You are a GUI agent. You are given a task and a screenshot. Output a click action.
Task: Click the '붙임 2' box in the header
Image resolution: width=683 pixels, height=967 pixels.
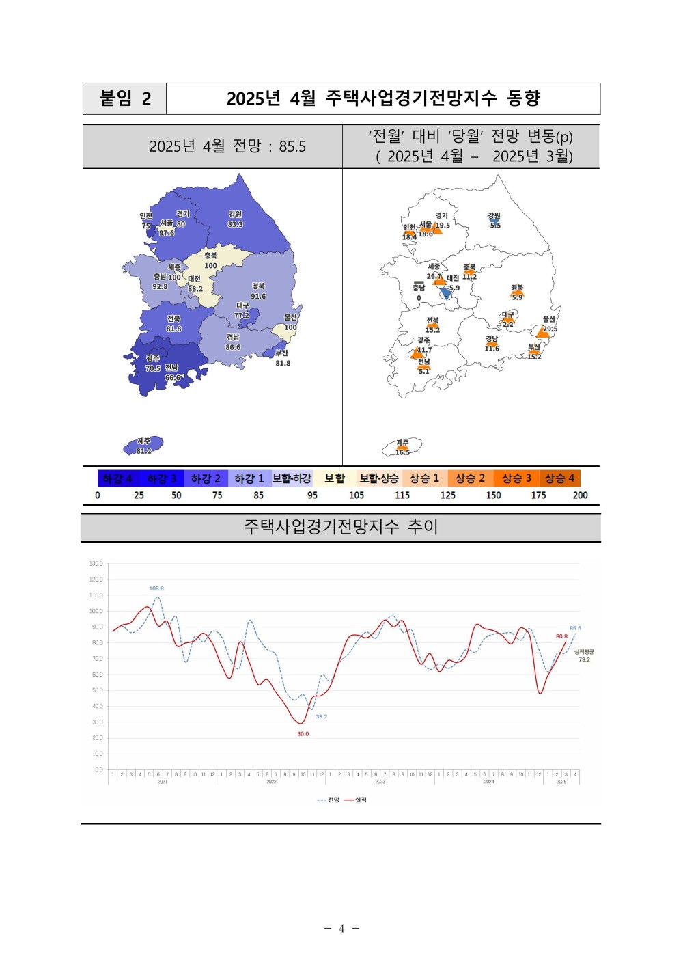tap(125, 98)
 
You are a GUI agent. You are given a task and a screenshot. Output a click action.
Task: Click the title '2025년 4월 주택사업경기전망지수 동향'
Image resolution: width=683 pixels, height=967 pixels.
tap(383, 98)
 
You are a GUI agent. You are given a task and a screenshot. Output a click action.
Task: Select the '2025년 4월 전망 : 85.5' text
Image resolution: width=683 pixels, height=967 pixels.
tap(227, 146)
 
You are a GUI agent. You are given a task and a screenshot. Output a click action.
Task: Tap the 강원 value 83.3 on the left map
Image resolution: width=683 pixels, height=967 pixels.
tap(235, 225)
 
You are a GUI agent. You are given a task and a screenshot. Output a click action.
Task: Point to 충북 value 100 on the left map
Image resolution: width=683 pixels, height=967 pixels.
tap(210, 266)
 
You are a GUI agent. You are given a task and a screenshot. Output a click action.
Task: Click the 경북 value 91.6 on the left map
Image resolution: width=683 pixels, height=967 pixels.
tap(258, 297)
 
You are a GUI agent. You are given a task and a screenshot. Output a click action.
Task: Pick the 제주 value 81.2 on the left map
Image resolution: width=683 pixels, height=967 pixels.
tap(143, 451)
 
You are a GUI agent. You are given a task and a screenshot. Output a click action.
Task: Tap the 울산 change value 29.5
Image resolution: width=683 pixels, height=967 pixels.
tap(550, 329)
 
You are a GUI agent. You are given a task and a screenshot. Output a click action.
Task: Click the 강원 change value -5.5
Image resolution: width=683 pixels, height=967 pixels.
tap(494, 226)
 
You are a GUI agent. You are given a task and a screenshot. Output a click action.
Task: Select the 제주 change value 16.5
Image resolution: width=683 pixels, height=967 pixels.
tap(403, 452)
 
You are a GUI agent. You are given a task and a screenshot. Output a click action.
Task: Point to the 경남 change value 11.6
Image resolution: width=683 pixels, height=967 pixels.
tap(492, 349)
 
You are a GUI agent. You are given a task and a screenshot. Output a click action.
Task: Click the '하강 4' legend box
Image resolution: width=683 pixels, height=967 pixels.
tap(117, 478)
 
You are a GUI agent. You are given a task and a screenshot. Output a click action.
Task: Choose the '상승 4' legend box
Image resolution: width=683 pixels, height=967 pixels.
tap(559, 478)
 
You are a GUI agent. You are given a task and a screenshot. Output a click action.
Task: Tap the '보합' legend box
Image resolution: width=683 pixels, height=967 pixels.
tap(335, 478)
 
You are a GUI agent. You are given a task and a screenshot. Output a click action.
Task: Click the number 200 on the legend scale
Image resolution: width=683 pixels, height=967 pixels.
tap(580, 495)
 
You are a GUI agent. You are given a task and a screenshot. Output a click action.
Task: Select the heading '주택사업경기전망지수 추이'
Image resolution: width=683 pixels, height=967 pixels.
tap(341, 527)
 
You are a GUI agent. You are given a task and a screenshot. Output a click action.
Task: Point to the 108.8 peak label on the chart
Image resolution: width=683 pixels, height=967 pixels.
tap(156, 588)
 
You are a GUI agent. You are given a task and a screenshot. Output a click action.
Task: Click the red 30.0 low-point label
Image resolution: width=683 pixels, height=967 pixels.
tap(303, 734)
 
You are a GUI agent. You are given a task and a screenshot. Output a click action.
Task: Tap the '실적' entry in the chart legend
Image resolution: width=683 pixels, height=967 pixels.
tap(360, 800)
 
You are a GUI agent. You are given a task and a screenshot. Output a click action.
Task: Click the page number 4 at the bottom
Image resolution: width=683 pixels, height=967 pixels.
tap(341, 928)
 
